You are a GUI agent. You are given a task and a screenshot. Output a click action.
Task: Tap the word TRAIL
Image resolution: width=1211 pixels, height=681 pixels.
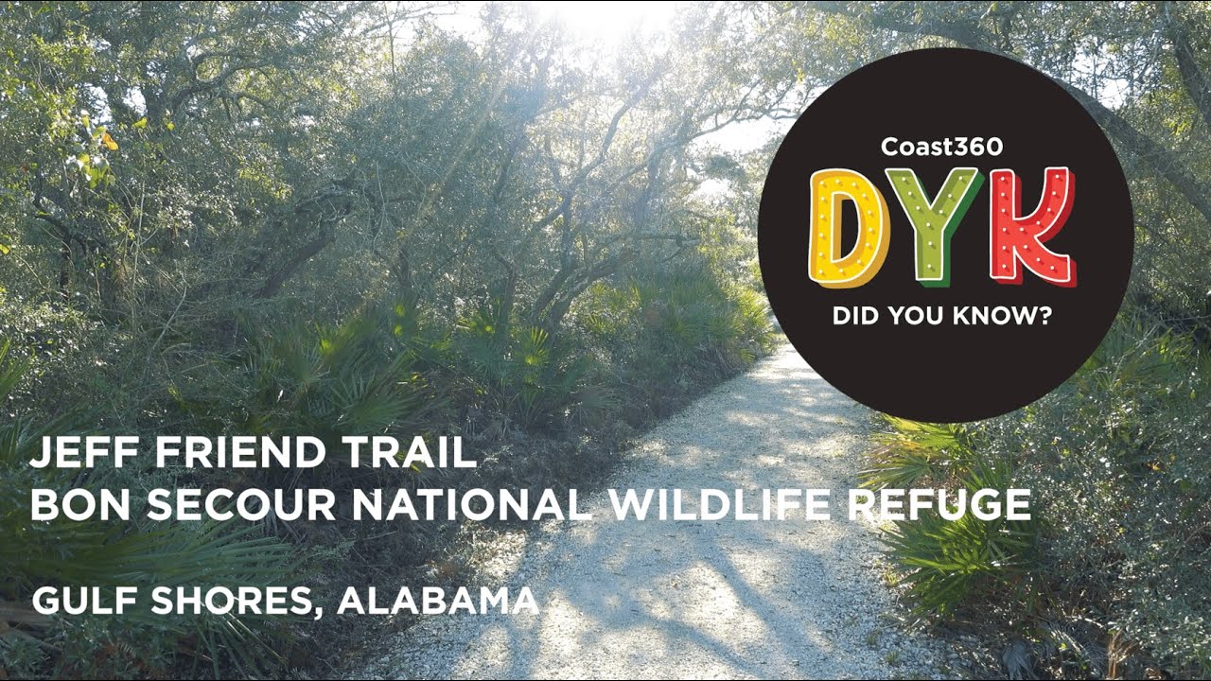(412, 454)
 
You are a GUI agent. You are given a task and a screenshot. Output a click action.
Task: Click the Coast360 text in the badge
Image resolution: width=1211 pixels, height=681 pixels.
(941, 147)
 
